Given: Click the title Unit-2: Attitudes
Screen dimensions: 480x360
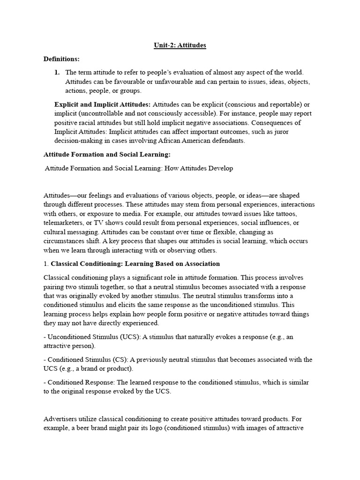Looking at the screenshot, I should (180, 45).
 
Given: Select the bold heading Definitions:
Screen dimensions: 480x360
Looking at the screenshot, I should (61, 59).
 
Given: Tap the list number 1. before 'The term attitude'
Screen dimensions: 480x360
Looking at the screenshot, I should (58, 73).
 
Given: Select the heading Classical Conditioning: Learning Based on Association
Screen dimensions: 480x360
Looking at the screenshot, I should (135, 263).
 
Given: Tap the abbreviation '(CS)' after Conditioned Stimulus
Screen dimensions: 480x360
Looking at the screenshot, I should (119, 360).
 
